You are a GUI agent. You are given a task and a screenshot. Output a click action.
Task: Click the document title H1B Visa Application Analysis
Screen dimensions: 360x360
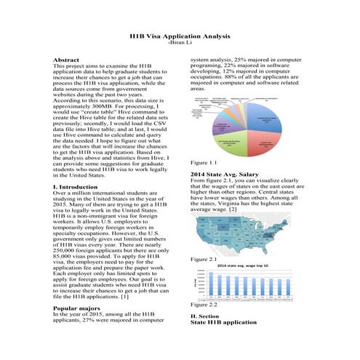[x=179, y=35]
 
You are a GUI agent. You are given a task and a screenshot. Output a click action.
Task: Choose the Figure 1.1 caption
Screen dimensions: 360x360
[x=203, y=162]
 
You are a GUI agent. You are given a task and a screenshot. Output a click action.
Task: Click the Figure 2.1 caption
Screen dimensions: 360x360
[x=203, y=259]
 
